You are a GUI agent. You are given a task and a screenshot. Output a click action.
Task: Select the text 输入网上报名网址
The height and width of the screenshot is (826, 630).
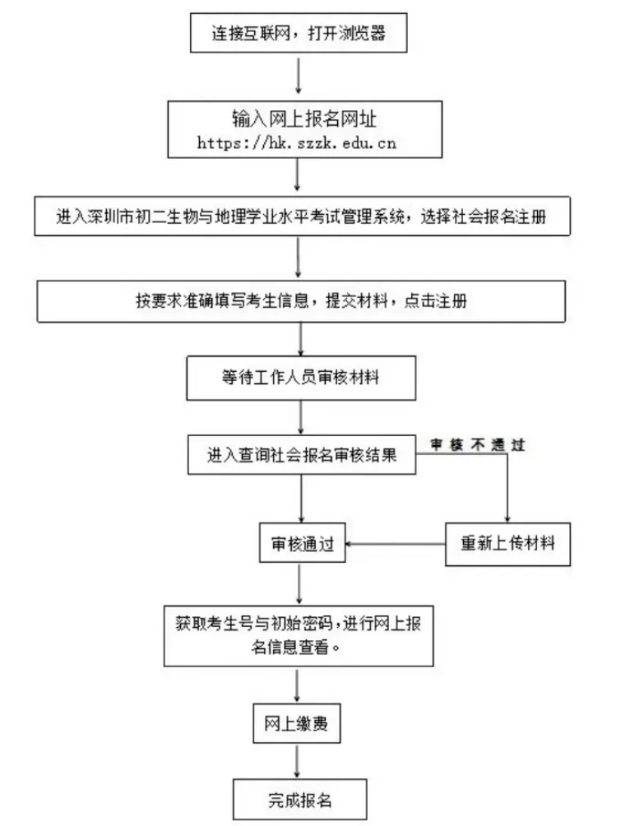click(298, 119)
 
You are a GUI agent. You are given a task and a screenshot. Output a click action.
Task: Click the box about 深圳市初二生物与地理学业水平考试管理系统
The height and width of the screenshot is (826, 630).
click(301, 218)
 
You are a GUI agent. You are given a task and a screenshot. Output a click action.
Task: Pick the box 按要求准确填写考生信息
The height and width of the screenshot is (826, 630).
click(301, 302)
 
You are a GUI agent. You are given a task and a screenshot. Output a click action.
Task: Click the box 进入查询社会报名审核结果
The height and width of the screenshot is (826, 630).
click(301, 453)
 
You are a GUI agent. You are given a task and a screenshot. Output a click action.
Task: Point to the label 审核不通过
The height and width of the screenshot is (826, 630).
click(478, 444)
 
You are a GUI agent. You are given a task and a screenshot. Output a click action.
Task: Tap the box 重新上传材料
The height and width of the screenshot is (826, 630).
click(507, 544)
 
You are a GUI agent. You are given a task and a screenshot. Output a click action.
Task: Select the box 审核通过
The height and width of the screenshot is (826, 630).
click(302, 545)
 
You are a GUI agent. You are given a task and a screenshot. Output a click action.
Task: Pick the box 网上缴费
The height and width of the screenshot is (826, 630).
click(296, 724)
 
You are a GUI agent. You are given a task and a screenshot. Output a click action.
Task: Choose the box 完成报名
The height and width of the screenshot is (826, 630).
click(299, 799)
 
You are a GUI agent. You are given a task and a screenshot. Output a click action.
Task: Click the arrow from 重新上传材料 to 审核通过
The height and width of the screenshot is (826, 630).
click(395, 544)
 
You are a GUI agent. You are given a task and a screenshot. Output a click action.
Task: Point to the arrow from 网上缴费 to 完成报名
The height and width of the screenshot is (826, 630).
click(297, 761)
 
